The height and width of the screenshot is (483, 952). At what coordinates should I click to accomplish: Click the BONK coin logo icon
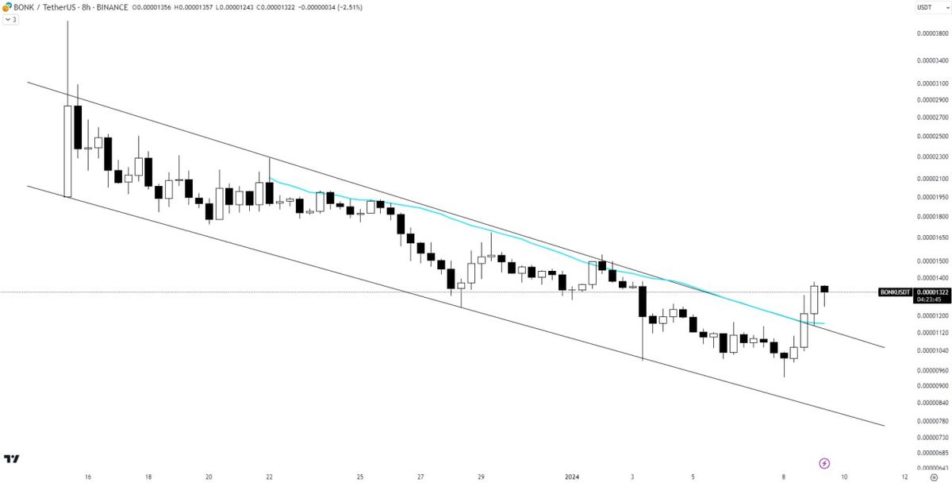point(6,6)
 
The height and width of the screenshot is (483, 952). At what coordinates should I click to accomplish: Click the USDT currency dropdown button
point(926,6)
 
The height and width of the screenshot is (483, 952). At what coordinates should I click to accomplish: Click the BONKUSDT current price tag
point(897,292)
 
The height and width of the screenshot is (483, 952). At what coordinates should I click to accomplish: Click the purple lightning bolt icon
point(824,463)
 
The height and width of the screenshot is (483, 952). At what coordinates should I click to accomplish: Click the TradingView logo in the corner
point(11,459)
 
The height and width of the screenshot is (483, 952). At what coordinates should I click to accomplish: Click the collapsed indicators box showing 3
point(10,18)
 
